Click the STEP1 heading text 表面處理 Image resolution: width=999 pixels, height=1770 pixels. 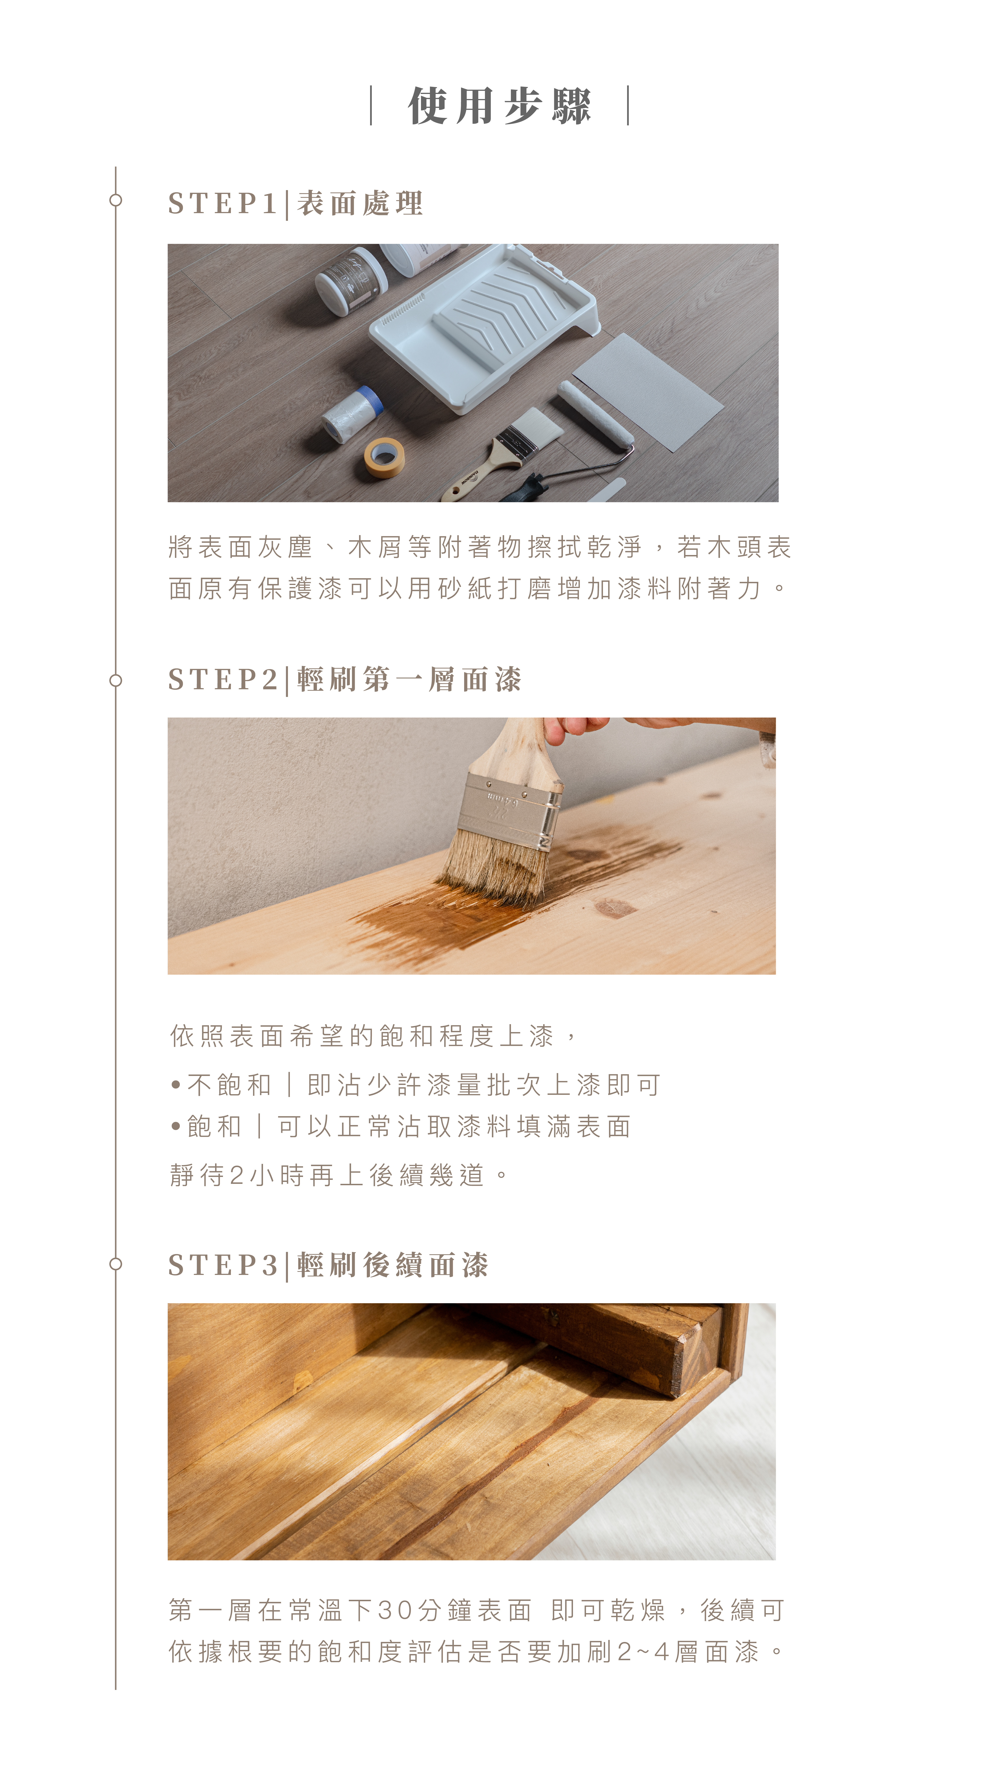(360, 203)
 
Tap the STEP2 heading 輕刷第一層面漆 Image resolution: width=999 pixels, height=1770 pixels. (409, 680)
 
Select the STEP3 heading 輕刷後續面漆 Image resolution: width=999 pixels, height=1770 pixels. (392, 1265)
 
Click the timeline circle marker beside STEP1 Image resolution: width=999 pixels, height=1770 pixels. (115, 200)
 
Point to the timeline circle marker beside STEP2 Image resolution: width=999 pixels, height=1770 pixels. (115, 680)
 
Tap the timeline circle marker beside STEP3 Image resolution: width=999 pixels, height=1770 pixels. (115, 1264)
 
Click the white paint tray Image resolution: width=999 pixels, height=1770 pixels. (484, 323)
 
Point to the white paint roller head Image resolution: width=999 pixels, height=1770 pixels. (595, 414)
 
